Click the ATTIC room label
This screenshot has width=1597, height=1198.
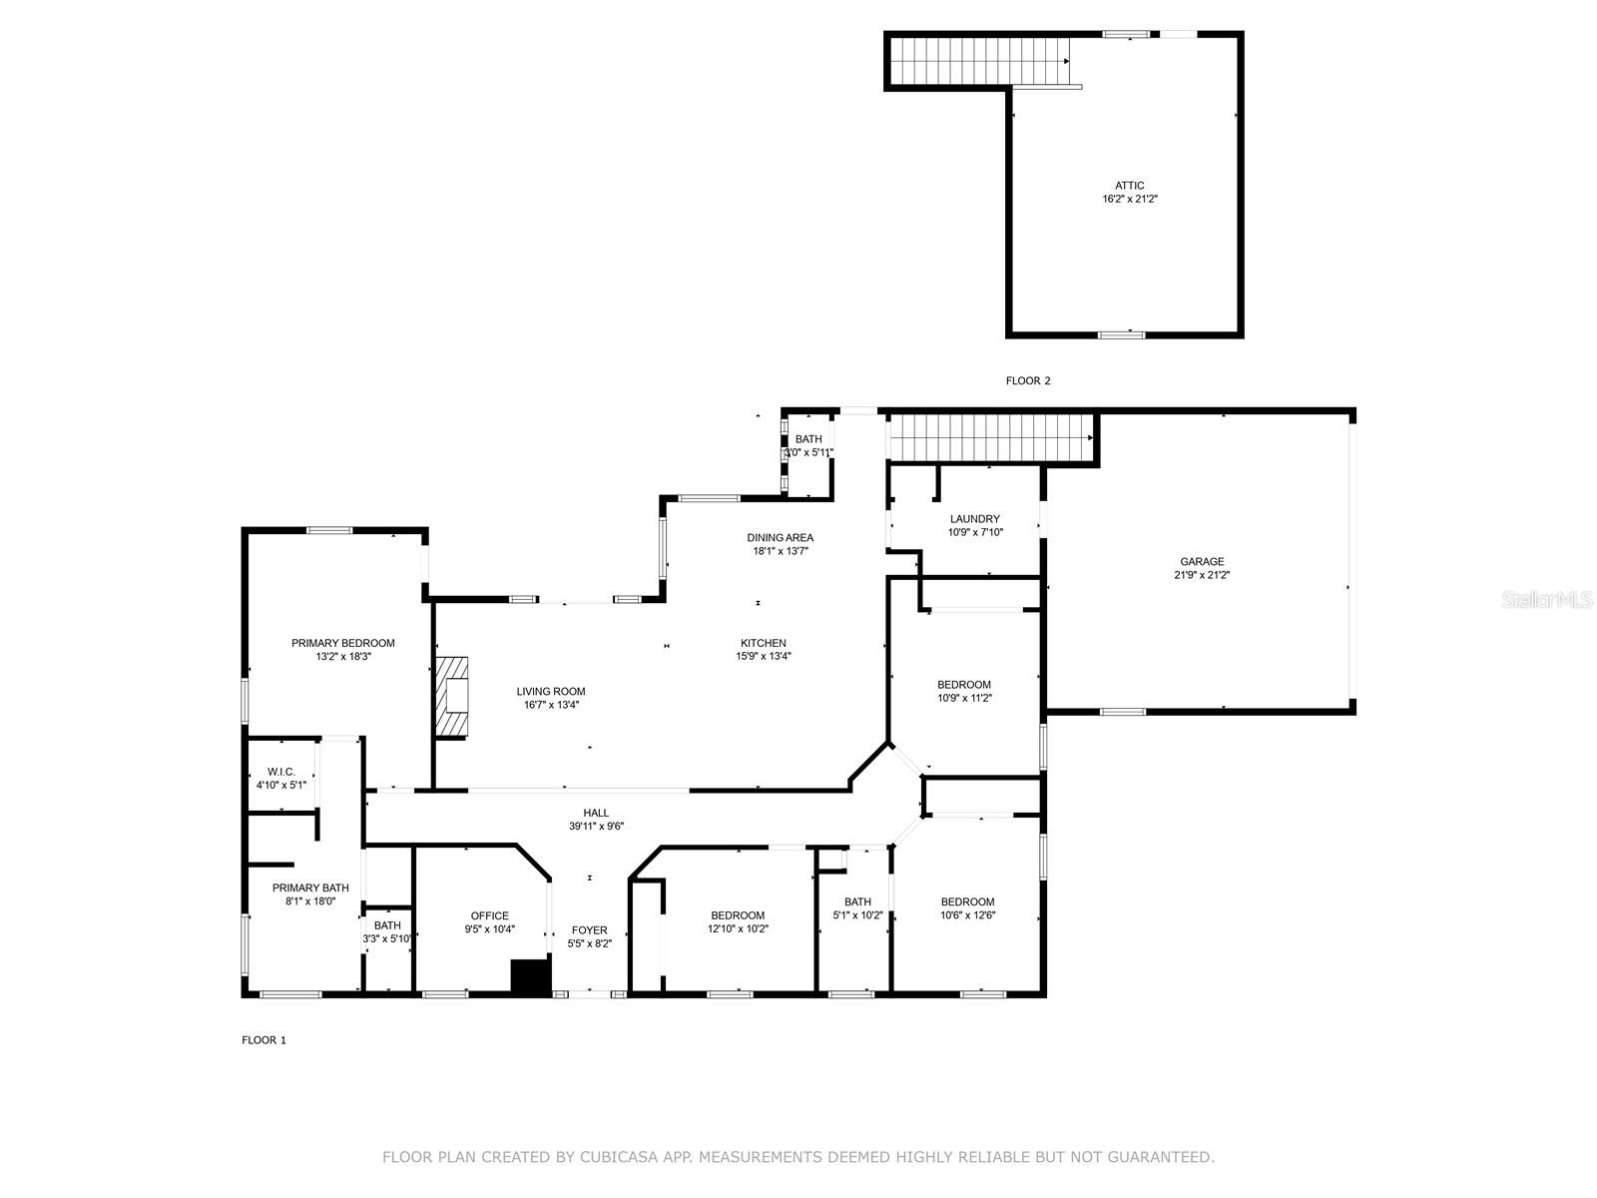pos(1129,186)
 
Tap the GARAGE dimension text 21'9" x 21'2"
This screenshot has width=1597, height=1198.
pos(1202,575)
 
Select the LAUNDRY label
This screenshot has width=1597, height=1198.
pos(975,518)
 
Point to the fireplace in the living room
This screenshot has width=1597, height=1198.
pos(451,698)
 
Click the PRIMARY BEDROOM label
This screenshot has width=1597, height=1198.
pos(343,643)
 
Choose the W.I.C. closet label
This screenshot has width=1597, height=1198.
pos(281,772)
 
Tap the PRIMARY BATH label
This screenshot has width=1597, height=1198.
pos(310,888)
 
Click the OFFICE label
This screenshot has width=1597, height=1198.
pos(490,915)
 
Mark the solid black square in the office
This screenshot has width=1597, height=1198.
pos(531,977)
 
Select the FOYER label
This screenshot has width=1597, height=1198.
pos(589,930)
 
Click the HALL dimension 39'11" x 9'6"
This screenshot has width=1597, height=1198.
pos(597,826)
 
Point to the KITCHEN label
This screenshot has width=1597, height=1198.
pos(764,643)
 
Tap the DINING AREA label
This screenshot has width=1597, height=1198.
pos(780,537)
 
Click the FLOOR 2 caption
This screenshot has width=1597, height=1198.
pos(1028,380)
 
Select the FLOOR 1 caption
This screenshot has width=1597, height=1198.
pos(265,1040)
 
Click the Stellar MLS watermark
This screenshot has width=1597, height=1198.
pos(1547,599)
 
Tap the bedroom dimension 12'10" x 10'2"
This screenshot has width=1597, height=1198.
pos(738,928)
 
